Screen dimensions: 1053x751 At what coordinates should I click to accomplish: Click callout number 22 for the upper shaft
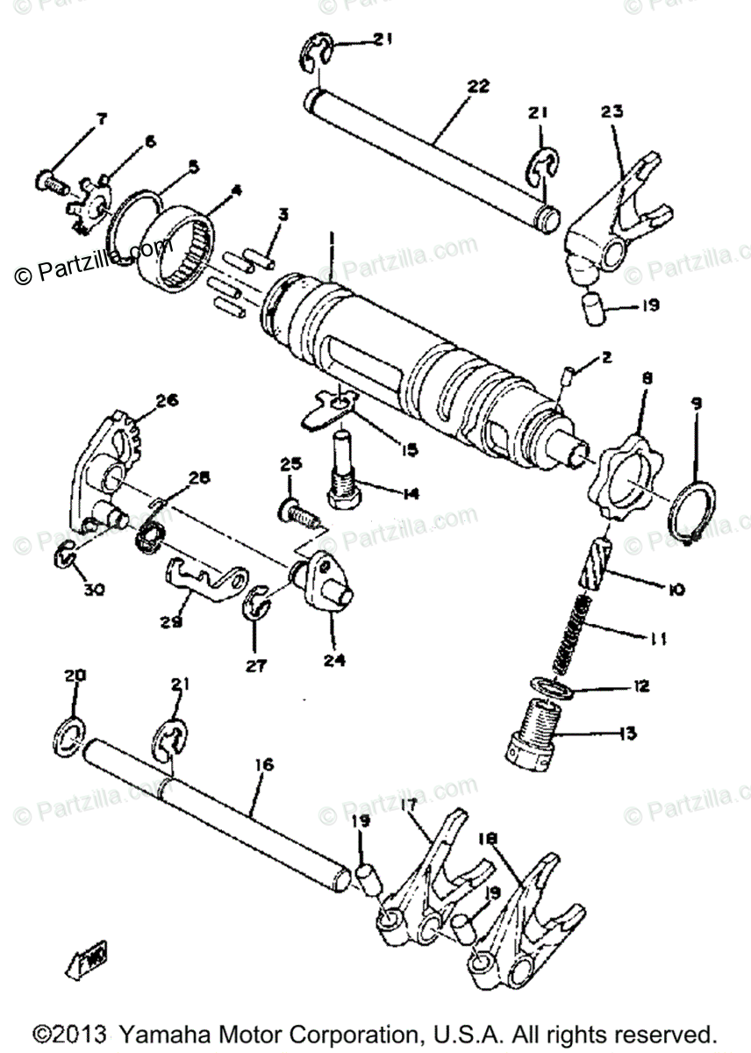(x=478, y=87)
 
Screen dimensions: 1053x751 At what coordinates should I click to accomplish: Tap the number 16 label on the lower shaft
(x=263, y=765)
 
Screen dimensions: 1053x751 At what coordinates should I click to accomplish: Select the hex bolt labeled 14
(x=347, y=469)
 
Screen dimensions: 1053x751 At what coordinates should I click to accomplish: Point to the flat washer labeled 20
(x=69, y=729)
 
